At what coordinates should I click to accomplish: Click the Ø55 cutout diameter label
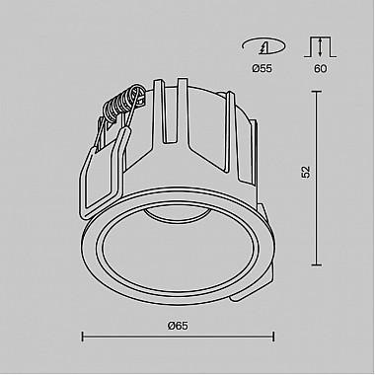pos(261,69)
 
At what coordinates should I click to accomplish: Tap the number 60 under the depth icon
pos(319,69)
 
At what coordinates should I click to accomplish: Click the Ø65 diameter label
pos(179,327)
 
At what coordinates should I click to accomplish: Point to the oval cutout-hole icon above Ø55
pos(261,45)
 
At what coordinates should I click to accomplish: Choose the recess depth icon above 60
pos(319,45)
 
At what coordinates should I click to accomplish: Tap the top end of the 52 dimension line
pos(317,92)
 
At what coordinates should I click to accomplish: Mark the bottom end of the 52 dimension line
pos(317,265)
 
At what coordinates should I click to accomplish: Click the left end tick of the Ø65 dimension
pos(81,337)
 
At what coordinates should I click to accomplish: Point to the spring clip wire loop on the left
pos(107,148)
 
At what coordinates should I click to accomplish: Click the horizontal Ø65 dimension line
pos(178,337)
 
